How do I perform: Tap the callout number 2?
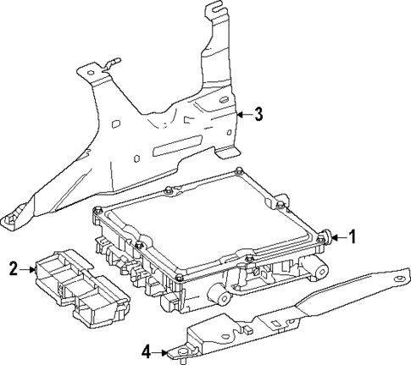point(14,269)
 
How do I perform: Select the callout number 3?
point(259,113)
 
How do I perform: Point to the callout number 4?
point(146,349)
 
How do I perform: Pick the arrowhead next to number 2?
point(32,269)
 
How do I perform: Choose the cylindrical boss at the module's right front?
point(319,269)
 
